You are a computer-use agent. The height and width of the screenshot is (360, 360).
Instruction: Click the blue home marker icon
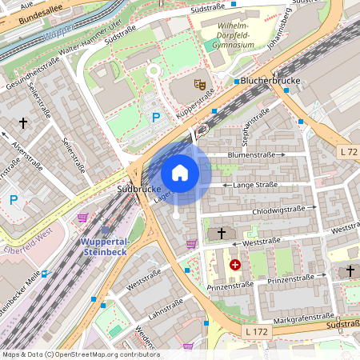click(x=180, y=172)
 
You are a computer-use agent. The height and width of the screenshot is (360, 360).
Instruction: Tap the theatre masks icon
click(x=199, y=82)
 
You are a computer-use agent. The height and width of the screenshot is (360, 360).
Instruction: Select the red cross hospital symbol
click(x=234, y=264)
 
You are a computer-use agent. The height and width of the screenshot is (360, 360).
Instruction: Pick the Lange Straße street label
click(x=255, y=185)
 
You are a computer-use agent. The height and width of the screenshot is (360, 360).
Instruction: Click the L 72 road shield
click(x=348, y=151)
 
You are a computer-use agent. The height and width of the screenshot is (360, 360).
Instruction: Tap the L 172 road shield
click(x=257, y=330)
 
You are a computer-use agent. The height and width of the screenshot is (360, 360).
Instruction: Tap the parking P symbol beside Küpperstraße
click(x=156, y=117)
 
